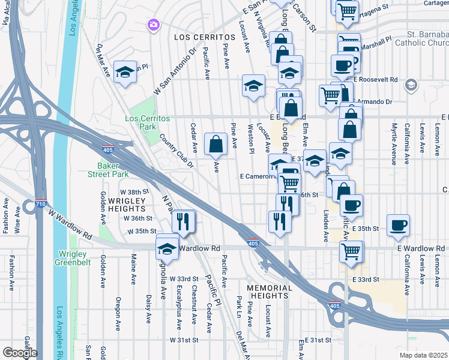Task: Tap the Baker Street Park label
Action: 113,170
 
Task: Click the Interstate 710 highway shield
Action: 41,203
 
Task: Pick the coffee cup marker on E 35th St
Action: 399,226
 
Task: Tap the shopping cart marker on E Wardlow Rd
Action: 351,251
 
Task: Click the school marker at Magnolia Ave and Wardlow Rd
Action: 167,248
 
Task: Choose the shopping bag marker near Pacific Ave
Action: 215,144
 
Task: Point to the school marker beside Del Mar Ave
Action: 125,72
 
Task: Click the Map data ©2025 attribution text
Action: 423,355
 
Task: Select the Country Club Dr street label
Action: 176,151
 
